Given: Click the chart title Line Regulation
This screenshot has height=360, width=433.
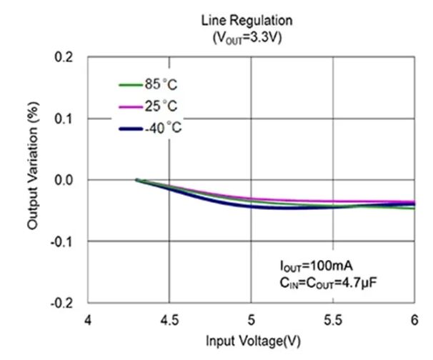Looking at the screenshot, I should click(x=247, y=21).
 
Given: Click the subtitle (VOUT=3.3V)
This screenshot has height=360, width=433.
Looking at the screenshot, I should click(x=247, y=38).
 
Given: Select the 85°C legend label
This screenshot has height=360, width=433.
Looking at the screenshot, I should click(x=161, y=84).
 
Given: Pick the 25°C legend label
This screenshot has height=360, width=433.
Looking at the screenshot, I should click(x=161, y=106).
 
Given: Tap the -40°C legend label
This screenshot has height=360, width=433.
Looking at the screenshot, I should click(x=161, y=129).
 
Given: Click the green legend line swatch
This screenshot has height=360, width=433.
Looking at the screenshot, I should click(x=130, y=84).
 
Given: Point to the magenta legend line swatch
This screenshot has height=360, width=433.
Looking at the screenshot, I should click(x=130, y=106).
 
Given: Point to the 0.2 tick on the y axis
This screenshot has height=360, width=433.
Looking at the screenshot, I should click(x=64, y=57).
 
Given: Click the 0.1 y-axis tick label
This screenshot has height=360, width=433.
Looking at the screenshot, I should click(x=64, y=119).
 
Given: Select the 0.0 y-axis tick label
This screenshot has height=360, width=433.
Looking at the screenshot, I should click(x=64, y=180).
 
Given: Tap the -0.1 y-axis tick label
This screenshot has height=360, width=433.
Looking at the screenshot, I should click(x=63, y=241).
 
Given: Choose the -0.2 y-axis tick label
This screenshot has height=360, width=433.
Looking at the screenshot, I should click(x=63, y=303).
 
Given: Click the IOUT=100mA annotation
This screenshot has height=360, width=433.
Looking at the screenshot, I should click(x=317, y=266).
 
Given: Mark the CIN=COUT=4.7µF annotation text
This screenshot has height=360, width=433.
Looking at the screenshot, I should click(x=329, y=283).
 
